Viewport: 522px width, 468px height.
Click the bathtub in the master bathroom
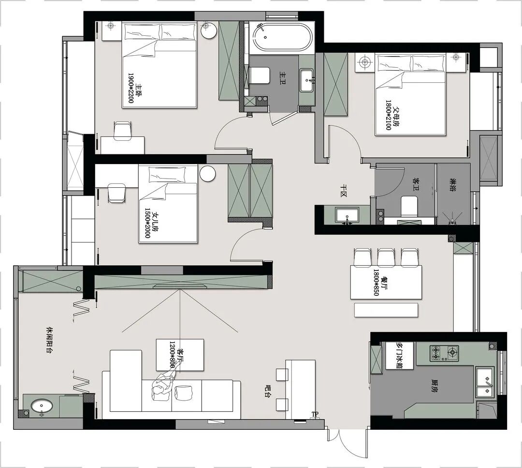(x=282, y=38)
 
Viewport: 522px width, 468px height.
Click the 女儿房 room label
(x=155, y=222)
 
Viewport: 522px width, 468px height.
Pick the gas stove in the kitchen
(x=444, y=353)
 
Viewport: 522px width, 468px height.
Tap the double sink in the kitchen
(x=485, y=382)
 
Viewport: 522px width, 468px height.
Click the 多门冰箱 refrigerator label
(x=400, y=355)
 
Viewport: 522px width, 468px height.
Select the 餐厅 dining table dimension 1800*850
(x=376, y=283)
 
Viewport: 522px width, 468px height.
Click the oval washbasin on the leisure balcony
(x=42, y=407)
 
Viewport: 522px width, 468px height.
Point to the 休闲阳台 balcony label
(x=50, y=339)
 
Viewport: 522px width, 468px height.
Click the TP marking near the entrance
(x=315, y=414)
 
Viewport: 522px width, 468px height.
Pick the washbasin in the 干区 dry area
(x=347, y=214)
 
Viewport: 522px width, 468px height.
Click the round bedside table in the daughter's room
(x=207, y=174)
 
